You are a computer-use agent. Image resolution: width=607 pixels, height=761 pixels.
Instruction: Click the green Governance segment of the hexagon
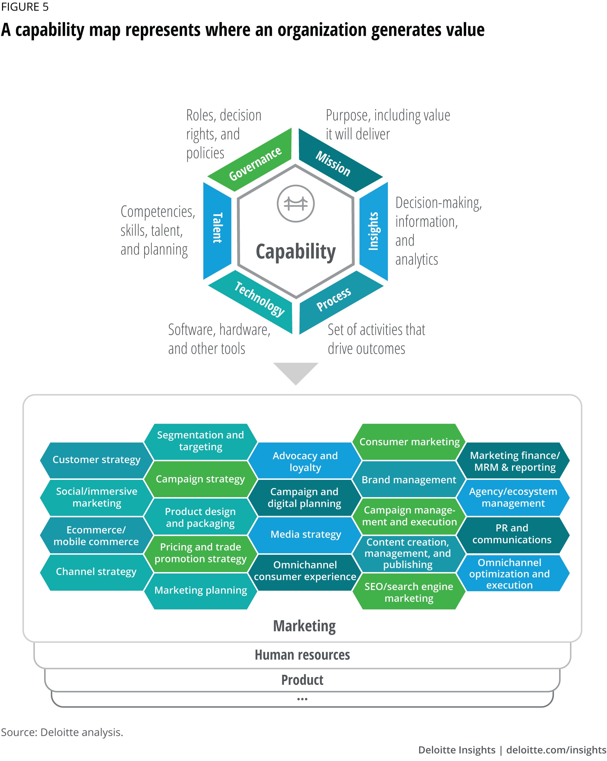pos(255,163)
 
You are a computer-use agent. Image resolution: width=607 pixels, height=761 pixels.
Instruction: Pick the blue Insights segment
pos(374,231)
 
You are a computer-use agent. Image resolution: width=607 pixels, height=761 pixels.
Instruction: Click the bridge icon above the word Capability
pos(296,204)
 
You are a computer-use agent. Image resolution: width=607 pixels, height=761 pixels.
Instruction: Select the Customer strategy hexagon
pos(97,460)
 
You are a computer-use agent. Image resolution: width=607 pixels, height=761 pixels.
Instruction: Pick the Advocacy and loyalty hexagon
pos(305,461)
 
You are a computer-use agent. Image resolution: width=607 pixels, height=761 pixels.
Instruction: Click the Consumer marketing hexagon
pos(409,442)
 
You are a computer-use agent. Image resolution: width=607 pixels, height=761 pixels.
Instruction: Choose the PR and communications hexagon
pos(512,534)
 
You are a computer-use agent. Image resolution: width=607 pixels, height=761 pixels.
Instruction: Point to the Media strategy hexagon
pos(305,534)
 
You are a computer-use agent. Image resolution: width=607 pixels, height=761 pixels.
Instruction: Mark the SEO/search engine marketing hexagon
pos(409,592)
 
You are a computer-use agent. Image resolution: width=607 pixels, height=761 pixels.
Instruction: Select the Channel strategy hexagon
pos(96,571)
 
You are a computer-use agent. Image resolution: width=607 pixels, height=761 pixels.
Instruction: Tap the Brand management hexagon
pos(409,480)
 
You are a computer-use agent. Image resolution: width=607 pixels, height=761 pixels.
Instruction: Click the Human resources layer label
pos(302,655)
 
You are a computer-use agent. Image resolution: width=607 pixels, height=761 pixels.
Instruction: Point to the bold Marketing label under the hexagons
pos(304,626)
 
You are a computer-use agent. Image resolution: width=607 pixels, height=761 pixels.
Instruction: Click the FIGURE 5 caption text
pos(25,7)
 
